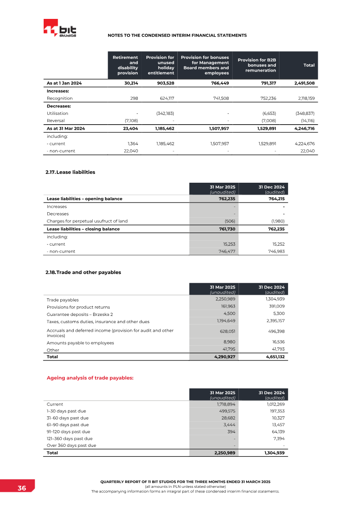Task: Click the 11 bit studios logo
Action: pyautogui.click(x=60, y=30)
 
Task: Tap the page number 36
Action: pyautogui.click(x=22, y=488)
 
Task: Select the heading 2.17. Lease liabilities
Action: pyautogui.click(x=71, y=172)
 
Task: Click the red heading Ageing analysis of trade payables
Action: pyautogui.click(x=90, y=378)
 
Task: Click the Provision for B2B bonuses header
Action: pyautogui.click(x=256, y=65)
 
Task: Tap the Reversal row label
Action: pyautogui.click(x=56, y=121)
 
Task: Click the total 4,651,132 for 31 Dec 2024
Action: pyautogui.click(x=274, y=357)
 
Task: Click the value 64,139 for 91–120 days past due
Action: pyautogui.click(x=277, y=432)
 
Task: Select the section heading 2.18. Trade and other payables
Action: pyautogui.click(x=83, y=272)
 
